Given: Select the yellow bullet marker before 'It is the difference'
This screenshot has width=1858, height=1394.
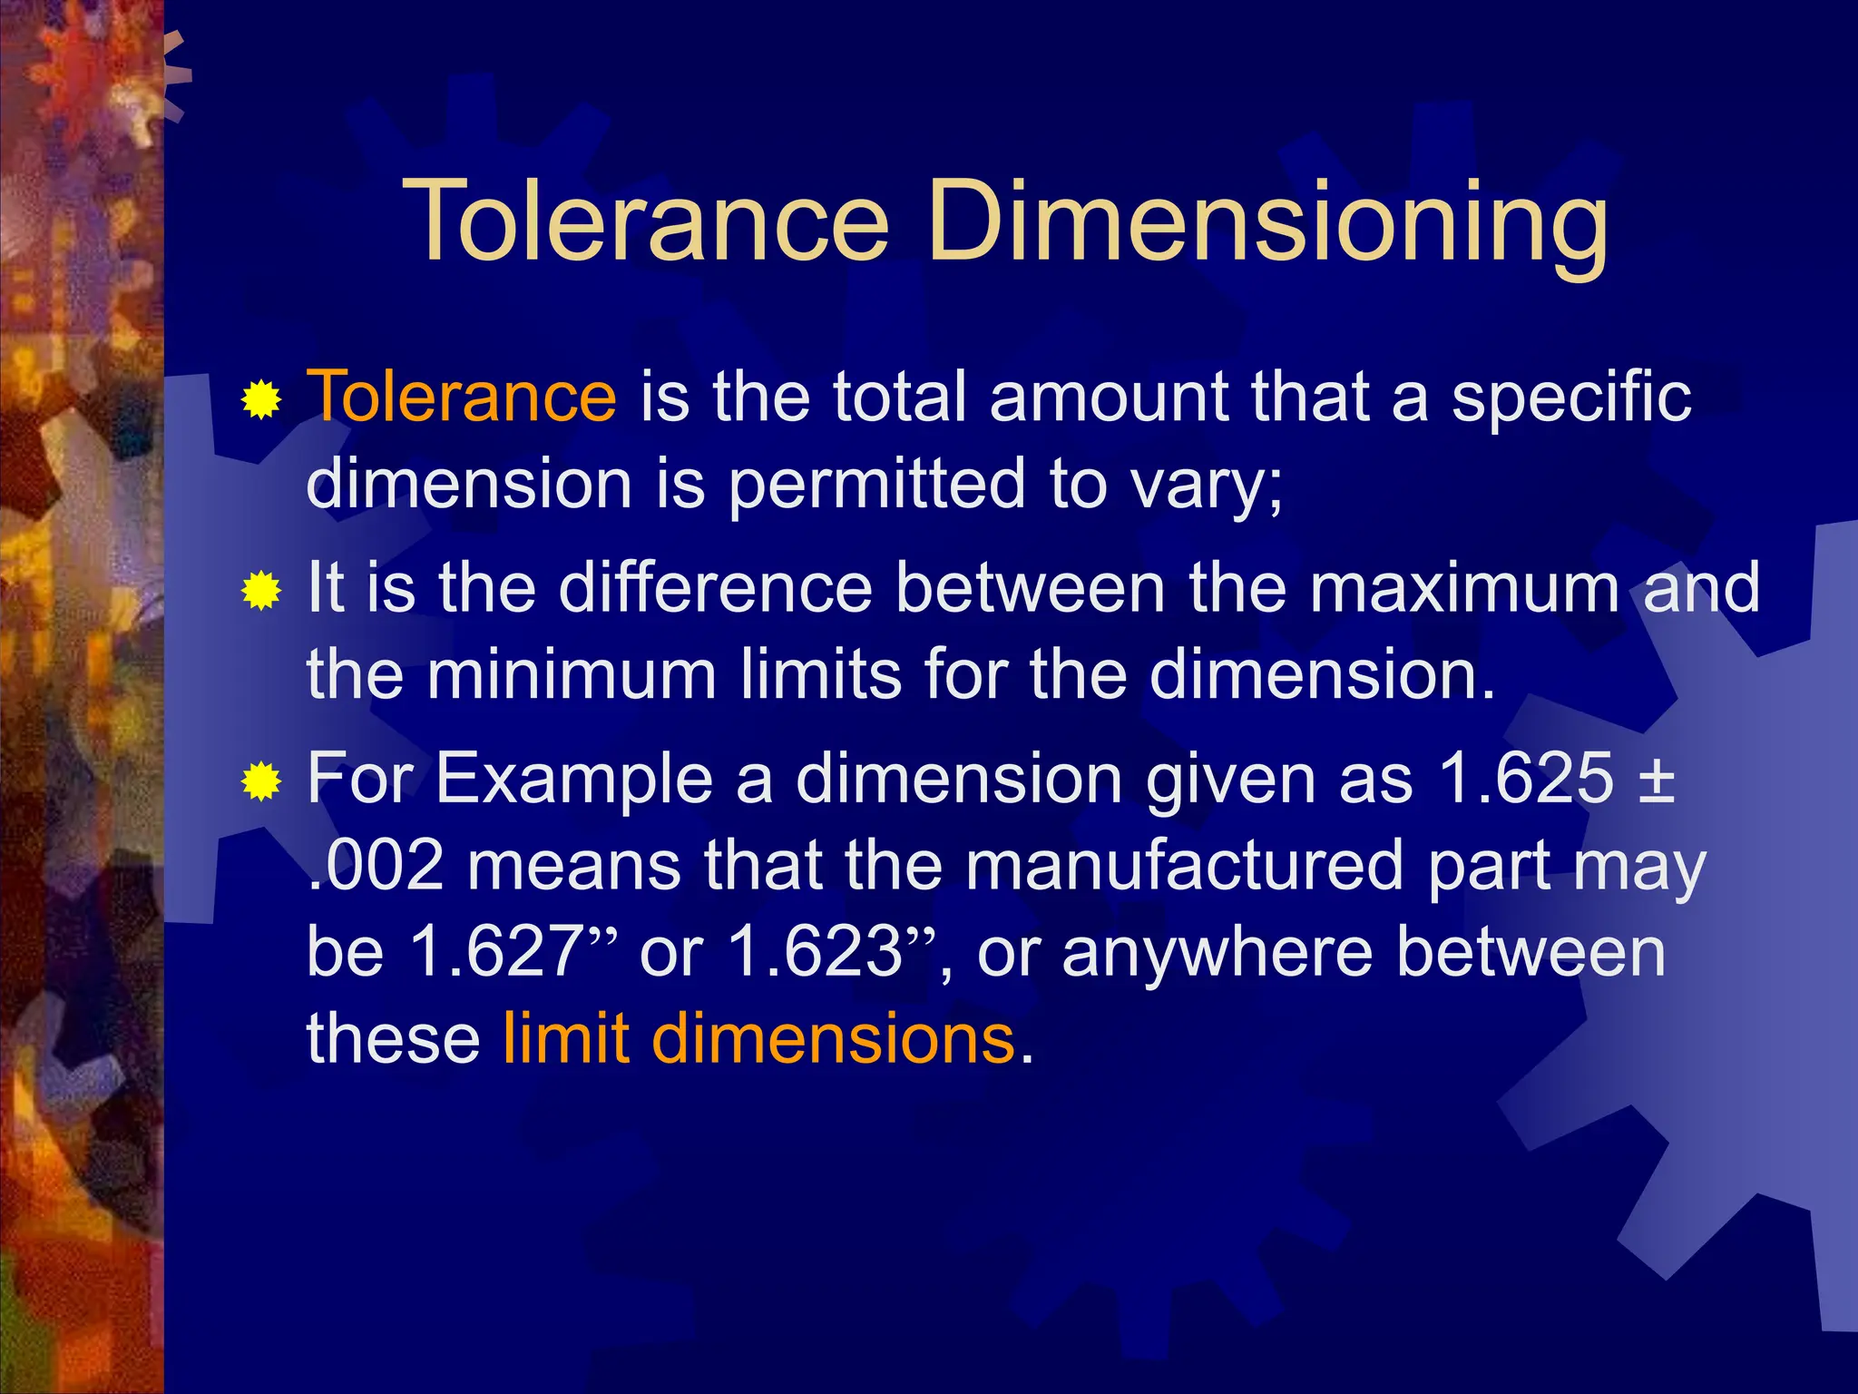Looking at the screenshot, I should pos(261,592).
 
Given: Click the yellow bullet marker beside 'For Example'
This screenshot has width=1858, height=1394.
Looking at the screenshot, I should pos(261,781).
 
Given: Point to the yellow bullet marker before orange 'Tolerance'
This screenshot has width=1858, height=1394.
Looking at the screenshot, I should pos(261,400).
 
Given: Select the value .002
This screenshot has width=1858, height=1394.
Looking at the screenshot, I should pos(376,865).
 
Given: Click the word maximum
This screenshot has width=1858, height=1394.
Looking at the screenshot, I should pos(1463,587).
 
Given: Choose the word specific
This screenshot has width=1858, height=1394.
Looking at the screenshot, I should pos(1571,397).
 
